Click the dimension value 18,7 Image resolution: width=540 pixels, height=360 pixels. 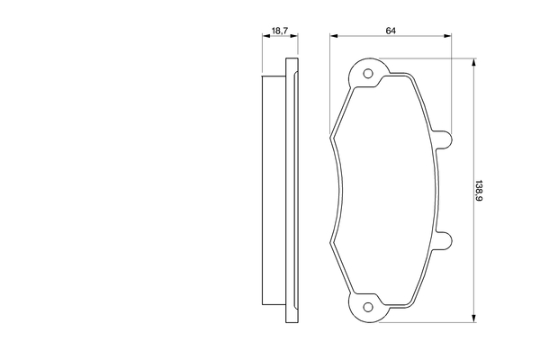click(x=279, y=31)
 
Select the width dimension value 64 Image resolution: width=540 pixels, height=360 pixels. click(x=391, y=31)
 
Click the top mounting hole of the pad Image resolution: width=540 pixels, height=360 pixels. click(x=367, y=74)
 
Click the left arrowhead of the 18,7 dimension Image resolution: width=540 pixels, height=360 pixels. click(x=265, y=38)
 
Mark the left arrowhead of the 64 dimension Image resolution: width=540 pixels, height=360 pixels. click(x=334, y=38)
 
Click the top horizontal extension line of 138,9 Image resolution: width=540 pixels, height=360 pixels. click(x=432, y=58)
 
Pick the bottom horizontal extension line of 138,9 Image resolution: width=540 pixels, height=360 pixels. click(x=432, y=322)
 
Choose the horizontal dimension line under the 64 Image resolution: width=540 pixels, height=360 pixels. click(x=391, y=38)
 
